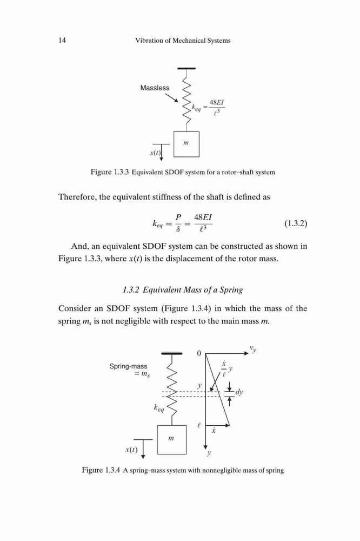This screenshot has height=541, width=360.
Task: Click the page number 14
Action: (62, 41)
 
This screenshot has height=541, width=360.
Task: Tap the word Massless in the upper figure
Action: (155, 88)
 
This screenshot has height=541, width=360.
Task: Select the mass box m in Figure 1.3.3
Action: (186, 144)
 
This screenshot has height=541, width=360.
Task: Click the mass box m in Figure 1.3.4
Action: (172, 439)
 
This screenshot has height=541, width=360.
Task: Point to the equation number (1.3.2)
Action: (296, 223)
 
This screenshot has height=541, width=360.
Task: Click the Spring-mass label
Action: (128, 366)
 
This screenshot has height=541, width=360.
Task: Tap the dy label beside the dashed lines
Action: (239, 392)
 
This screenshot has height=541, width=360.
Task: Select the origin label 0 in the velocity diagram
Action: (198, 353)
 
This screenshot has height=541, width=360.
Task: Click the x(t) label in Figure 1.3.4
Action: (131, 450)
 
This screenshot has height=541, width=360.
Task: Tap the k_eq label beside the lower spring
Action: (159, 408)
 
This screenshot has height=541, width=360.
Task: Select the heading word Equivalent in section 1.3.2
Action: (162, 290)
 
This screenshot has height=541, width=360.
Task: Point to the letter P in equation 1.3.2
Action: (178, 217)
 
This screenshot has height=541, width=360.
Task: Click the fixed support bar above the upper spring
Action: (186, 68)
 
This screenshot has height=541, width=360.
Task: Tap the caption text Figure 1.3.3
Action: (110, 172)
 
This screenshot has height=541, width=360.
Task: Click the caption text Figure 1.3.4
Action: (101, 470)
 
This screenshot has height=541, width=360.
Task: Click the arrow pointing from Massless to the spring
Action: (171, 97)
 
